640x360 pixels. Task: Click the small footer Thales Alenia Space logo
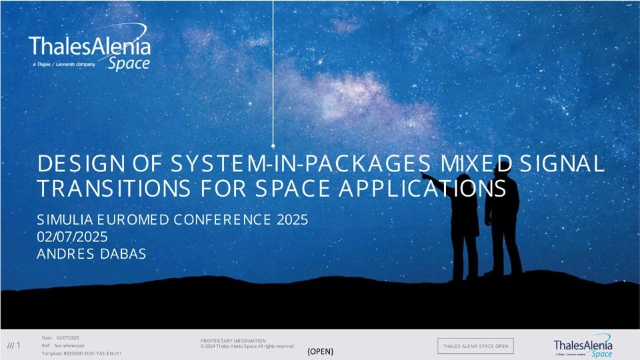pos(583,346)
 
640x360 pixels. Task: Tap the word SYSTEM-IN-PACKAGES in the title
pos(301,164)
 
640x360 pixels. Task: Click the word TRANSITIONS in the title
pos(114,188)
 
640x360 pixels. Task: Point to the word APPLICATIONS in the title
pos(423,188)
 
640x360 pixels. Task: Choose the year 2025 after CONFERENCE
pos(292,219)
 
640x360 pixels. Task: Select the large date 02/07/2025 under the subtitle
pos(72,237)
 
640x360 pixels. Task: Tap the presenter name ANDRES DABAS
pos(91,254)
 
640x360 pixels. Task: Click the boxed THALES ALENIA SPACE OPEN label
pos(475,346)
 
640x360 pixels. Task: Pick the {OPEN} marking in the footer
pos(321,351)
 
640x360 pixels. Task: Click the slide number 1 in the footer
pos(19,345)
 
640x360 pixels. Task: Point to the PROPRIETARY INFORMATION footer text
pos(233,341)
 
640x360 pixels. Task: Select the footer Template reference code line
pos(81,353)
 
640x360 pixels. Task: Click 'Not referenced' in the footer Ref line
pos(69,346)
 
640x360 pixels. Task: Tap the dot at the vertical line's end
pos(273,146)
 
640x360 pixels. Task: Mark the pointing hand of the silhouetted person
pos(425,175)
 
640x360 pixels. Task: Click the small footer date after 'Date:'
pos(68,337)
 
